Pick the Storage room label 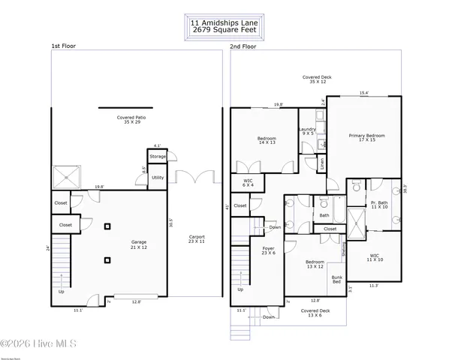[x=157, y=156]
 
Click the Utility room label [x=157, y=178]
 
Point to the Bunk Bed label [x=337, y=280]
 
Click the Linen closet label [x=322, y=163]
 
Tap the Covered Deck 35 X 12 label [x=317, y=79]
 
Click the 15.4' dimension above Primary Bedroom [x=363, y=93]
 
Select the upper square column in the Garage [x=108, y=226]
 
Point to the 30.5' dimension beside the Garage [x=171, y=223]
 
